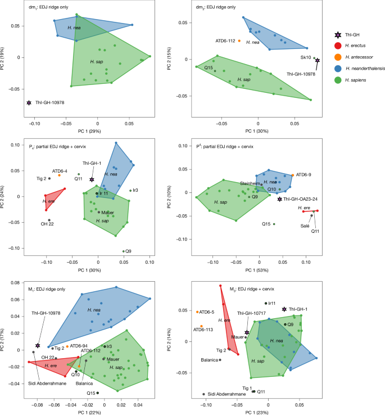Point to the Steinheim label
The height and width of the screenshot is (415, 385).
251,182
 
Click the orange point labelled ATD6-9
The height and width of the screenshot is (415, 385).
293,175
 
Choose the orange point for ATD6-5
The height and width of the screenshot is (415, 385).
198,312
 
